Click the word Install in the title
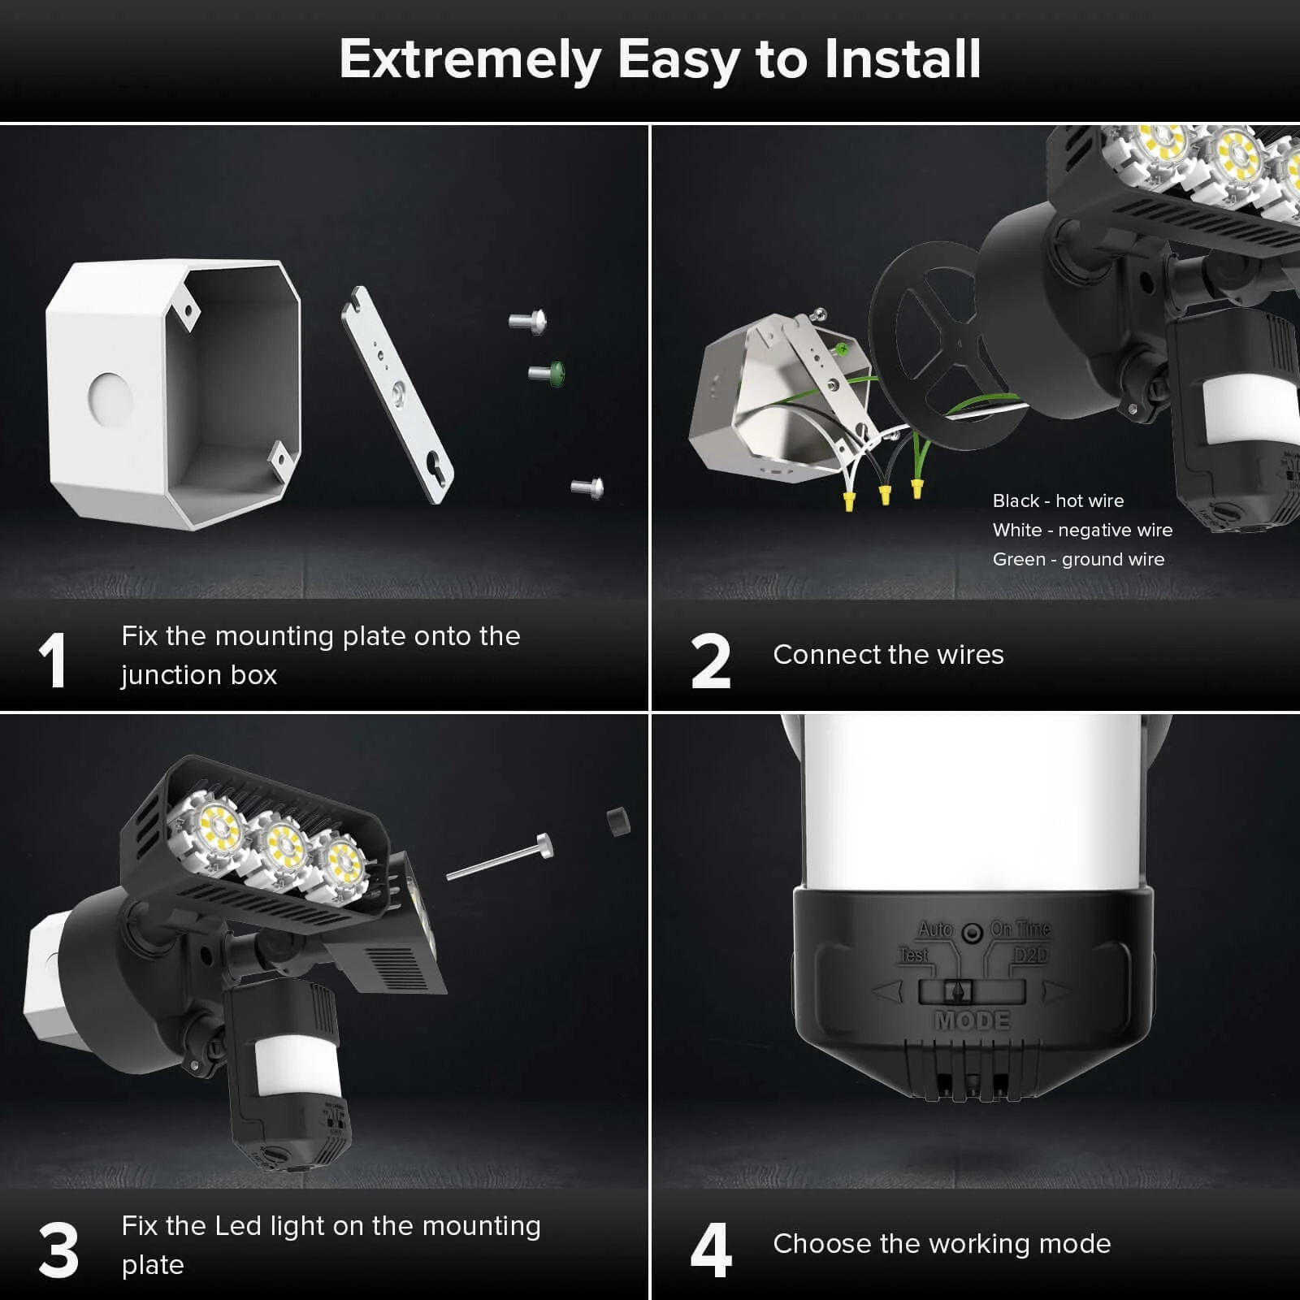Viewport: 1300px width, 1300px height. (902, 59)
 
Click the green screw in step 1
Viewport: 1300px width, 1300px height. (548, 373)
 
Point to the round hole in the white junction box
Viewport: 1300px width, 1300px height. (110, 399)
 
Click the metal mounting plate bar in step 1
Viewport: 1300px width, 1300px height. (397, 395)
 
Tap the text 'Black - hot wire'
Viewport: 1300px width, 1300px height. (1058, 500)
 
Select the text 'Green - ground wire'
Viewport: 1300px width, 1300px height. (1078, 559)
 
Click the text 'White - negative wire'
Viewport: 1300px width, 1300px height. (1082, 530)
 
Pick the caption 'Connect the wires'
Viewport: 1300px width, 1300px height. (888, 654)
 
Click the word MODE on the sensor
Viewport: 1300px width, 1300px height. (973, 1020)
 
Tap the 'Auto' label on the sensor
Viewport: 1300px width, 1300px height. (935, 929)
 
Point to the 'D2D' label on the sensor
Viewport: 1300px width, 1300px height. (1030, 955)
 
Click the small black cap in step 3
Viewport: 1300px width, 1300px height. (618, 821)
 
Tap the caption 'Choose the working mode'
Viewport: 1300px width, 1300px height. (942, 1243)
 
